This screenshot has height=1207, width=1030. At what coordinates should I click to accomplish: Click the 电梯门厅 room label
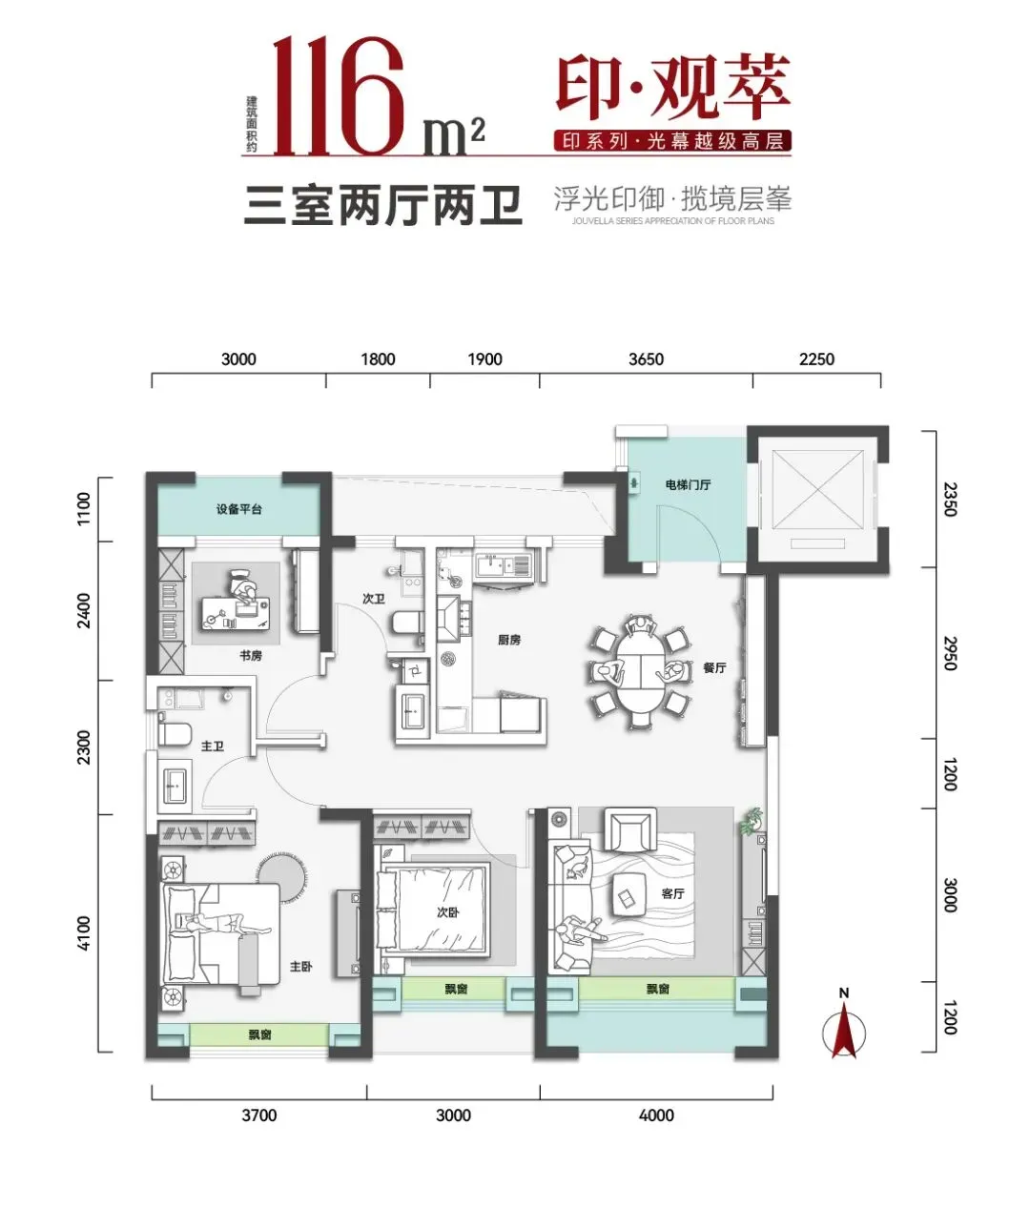point(688,484)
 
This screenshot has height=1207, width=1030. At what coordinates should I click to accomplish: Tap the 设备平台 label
point(239,509)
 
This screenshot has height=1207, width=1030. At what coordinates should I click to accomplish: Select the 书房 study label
point(251,656)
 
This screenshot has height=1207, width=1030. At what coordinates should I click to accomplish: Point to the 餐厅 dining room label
point(714,668)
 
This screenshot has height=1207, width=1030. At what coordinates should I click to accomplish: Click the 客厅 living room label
point(673,894)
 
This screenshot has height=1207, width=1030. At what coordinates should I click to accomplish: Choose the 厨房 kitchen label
point(509,640)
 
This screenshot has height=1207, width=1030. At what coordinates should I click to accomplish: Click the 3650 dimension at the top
point(647,358)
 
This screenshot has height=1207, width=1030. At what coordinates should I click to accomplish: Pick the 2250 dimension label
point(816,358)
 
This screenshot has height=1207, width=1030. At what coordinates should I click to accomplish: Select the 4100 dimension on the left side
point(85,933)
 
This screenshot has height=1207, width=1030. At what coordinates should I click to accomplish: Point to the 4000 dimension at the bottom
point(657,1115)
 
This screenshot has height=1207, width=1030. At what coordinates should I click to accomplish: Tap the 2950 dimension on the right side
point(951,653)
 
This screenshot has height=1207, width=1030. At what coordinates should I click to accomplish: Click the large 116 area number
point(339,96)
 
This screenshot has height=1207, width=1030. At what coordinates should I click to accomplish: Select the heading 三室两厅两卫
point(382,206)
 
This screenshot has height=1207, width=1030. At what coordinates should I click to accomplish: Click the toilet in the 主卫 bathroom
point(175,733)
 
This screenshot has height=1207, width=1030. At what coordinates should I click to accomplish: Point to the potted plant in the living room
point(752,822)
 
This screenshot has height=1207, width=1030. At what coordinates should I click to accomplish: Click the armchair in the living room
point(630,829)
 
